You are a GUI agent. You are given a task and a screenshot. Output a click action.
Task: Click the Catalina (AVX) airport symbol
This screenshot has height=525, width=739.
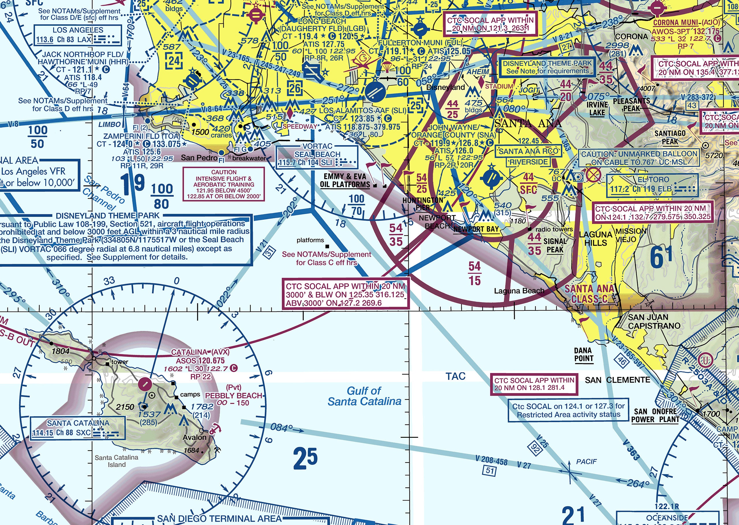tap(145, 384)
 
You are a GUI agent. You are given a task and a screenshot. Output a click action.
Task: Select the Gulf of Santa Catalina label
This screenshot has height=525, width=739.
tap(364, 396)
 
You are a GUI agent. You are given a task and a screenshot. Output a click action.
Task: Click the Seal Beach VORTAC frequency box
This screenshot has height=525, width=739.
tap(317, 157)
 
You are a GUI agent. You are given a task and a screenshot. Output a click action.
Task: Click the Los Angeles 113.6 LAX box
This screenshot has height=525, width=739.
tap(78, 35)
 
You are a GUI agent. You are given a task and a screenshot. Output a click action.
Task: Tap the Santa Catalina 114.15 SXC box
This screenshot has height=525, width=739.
tap(78, 428)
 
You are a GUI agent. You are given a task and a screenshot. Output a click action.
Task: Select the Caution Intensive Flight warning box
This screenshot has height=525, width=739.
tap(224, 184)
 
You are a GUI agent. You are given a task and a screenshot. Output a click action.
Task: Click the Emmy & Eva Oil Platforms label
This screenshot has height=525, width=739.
tap(345, 180)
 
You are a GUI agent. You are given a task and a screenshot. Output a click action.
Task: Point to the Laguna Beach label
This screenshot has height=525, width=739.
tap(519, 291)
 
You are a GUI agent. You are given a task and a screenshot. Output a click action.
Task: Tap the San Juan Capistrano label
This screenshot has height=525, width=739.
tap(654, 321)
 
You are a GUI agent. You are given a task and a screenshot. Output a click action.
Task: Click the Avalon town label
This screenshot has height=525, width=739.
tap(194, 437)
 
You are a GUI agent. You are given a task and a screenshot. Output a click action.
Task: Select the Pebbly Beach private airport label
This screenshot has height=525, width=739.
tap(233, 395)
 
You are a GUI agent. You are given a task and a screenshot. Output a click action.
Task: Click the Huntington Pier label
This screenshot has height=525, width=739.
tap(423, 204)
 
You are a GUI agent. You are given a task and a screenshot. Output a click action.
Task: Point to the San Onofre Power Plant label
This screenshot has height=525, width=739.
tap(655, 416)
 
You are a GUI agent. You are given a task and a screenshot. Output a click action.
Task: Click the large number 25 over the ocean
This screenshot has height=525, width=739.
tap(305, 458)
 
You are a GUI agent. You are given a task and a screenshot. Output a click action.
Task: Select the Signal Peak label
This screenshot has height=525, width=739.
tap(555, 245)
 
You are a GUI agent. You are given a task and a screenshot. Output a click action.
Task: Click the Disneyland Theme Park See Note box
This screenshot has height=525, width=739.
tap(547, 67)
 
